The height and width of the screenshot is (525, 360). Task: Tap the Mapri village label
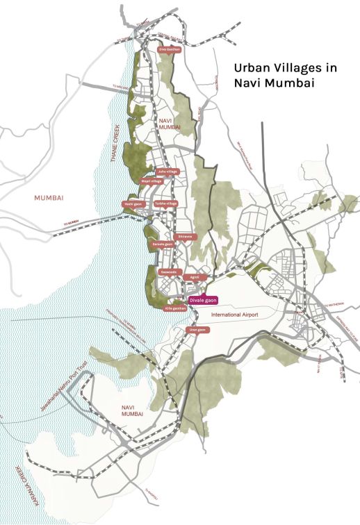coord(152,181)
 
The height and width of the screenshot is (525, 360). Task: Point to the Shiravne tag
coord(186,237)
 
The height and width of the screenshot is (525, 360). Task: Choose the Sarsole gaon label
coord(162,244)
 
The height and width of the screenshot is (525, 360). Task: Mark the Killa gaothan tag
coord(174,308)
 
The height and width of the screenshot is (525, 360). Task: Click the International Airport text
coord(234,315)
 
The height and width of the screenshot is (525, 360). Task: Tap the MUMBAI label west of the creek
coord(49,198)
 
